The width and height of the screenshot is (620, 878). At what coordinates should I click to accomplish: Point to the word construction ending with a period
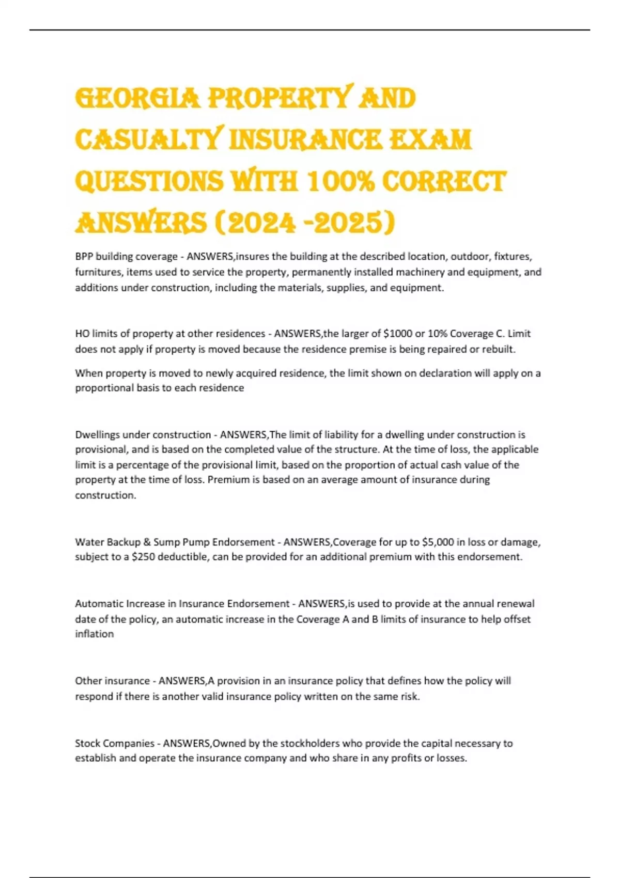105,495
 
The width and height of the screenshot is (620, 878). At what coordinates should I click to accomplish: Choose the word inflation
95,634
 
